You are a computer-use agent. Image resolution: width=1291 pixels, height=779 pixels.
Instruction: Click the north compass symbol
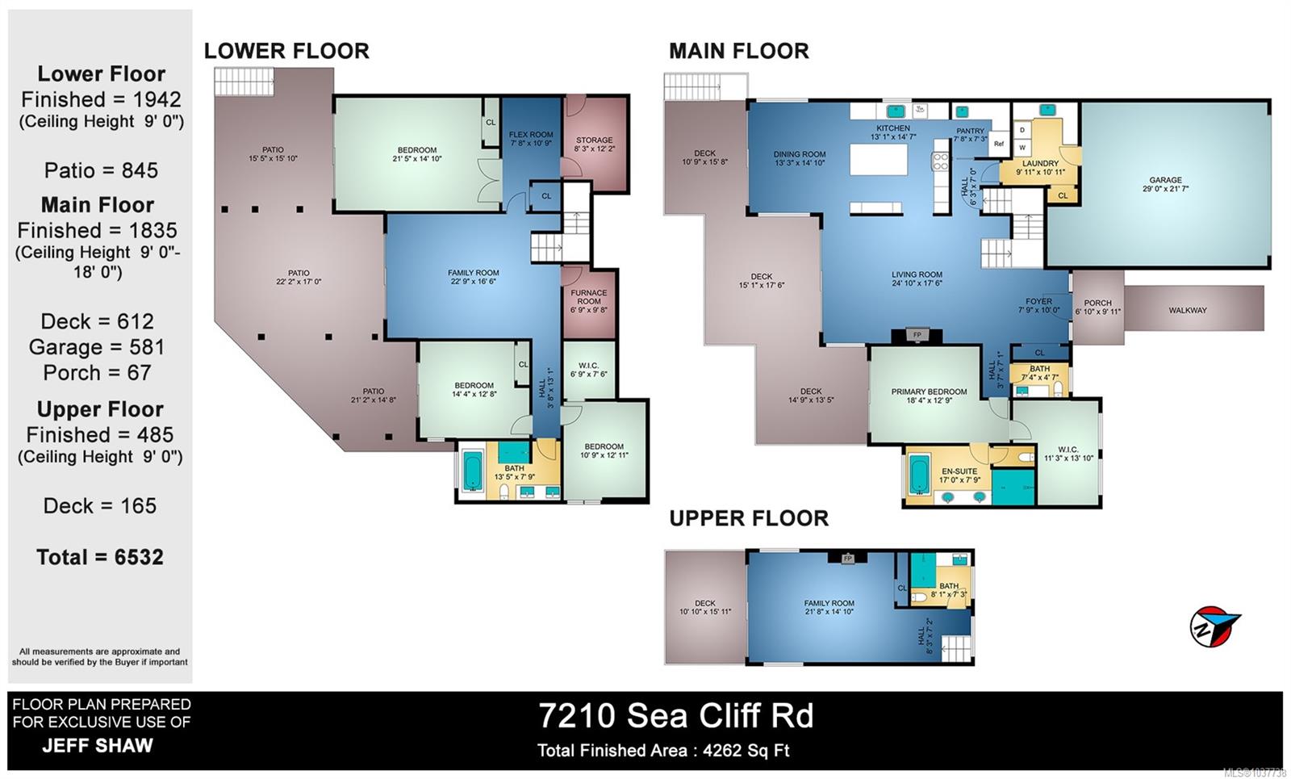[1214, 626]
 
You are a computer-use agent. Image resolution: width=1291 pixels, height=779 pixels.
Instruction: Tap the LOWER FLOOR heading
[286, 51]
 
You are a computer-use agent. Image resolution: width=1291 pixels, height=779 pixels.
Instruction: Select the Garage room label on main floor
[1165, 184]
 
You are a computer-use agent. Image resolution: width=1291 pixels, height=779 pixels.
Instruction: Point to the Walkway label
[1187, 310]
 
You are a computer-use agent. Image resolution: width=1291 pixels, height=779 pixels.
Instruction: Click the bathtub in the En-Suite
[919, 474]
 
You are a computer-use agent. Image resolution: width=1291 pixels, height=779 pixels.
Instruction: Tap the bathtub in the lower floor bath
[473, 470]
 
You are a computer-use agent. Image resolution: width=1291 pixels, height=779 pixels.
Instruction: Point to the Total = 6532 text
[100, 557]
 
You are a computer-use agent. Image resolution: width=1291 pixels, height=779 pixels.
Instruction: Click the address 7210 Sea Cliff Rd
[676, 715]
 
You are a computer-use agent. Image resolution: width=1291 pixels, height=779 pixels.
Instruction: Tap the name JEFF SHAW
[98, 746]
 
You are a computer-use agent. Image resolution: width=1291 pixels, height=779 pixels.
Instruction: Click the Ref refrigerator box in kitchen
[999, 144]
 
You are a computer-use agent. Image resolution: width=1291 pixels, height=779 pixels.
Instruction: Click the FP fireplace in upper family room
[847, 558]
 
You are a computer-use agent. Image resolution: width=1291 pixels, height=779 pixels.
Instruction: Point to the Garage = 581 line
[97, 347]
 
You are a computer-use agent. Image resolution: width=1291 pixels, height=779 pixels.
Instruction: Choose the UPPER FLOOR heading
[749, 517]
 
